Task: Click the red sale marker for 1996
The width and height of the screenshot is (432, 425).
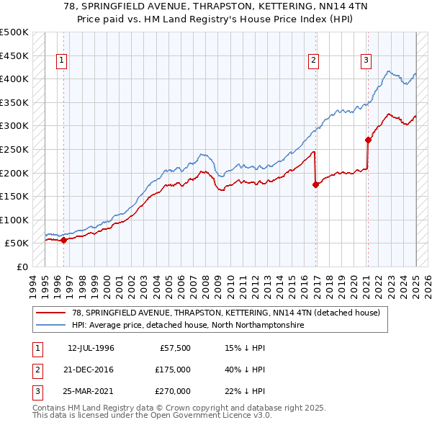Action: click(x=63, y=241)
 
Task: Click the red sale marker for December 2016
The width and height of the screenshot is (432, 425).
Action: click(x=315, y=184)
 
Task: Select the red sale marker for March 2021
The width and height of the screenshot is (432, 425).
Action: click(x=368, y=140)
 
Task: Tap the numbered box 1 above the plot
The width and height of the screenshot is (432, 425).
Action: click(x=62, y=61)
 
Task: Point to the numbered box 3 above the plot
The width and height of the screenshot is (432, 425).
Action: click(x=366, y=61)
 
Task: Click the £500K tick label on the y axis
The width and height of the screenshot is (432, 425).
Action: click(x=14, y=32)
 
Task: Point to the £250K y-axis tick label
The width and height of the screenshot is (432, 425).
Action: click(x=14, y=149)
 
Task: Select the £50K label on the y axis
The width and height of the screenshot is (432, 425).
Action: click(x=17, y=243)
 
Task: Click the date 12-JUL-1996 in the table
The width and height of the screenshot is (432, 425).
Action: click(x=91, y=349)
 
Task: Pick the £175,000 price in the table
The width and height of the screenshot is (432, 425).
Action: click(x=173, y=370)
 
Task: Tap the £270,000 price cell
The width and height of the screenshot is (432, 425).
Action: click(x=173, y=391)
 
